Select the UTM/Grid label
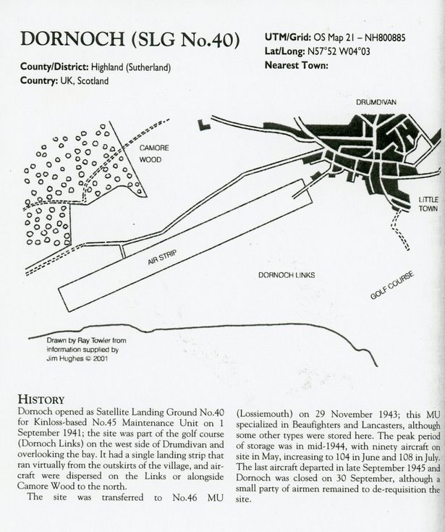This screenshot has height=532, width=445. tap(289, 37)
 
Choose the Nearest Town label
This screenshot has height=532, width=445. tap(297, 65)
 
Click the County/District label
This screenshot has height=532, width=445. tap(57, 68)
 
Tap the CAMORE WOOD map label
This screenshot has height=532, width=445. tap(154, 153)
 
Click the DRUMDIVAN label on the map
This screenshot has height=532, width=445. tap(376, 103)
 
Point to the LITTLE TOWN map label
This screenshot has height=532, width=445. tap(428, 204)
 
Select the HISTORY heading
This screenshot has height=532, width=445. tap(41, 399)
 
